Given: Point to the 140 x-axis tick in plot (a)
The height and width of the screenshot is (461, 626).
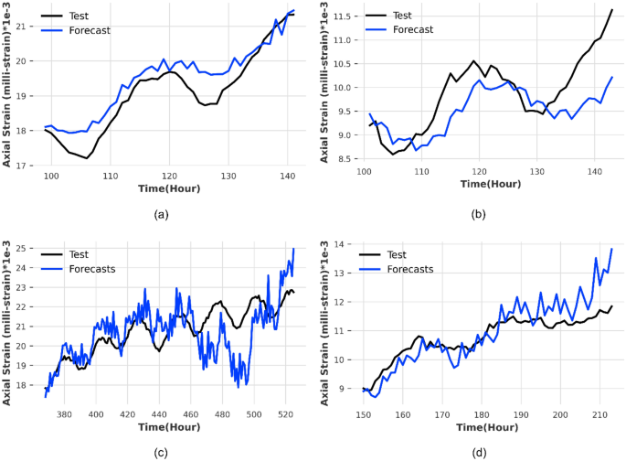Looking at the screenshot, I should tap(286, 176).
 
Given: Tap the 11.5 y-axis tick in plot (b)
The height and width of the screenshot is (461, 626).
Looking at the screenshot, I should tap(341, 16).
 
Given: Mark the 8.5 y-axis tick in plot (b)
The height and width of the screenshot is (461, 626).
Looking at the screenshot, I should tap(344, 158).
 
